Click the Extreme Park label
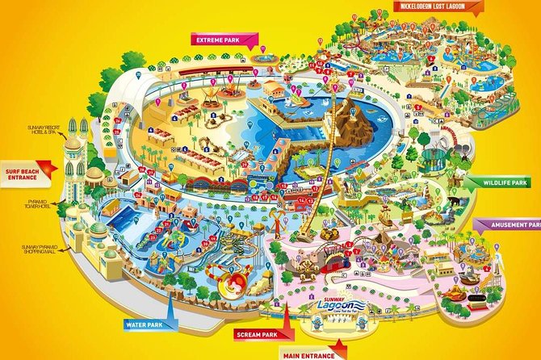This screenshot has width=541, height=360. coord(221,39)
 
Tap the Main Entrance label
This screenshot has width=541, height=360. coord(309,354)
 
